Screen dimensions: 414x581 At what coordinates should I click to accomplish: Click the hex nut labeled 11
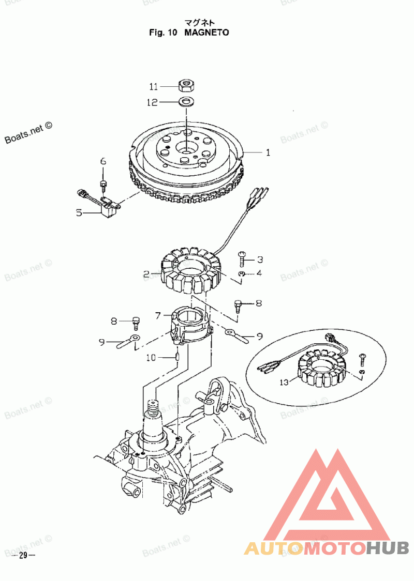[x=186, y=85]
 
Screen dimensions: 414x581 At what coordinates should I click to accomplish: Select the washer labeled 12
[x=186, y=101]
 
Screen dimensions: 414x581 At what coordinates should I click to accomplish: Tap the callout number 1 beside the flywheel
[x=268, y=153]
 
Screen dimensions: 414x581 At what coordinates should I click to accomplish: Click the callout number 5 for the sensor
[x=79, y=212]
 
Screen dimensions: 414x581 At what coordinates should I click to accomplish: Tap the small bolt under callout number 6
[x=103, y=185]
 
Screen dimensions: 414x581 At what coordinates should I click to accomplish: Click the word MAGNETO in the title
[x=206, y=32]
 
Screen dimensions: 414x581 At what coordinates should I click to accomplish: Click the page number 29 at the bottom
[x=23, y=556]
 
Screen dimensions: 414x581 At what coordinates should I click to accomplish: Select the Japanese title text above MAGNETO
[x=199, y=22]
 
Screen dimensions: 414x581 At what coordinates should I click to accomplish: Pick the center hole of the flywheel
[x=186, y=147]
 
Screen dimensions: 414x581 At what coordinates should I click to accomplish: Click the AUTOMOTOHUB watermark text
[x=327, y=548]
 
